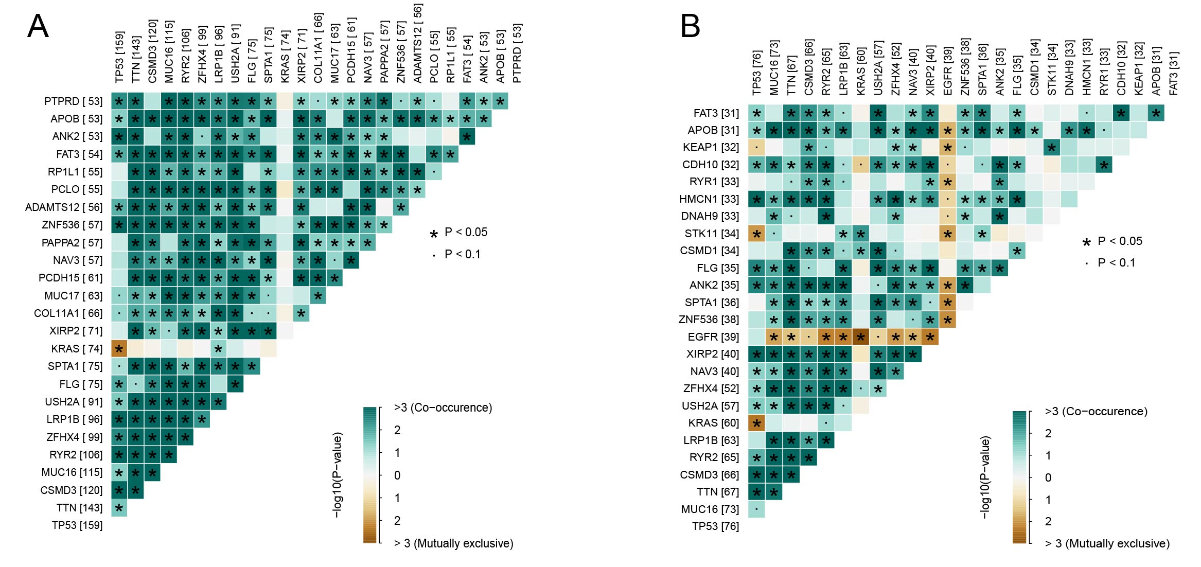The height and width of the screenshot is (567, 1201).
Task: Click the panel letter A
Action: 38,26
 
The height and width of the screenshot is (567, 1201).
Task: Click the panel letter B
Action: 690,26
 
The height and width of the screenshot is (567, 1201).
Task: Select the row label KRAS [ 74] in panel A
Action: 77,349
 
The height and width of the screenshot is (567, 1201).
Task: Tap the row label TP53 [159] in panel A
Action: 77,525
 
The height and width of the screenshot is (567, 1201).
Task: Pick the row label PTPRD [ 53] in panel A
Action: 73,101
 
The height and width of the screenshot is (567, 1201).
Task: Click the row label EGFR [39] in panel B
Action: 713,337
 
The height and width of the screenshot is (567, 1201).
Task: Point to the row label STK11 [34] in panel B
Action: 712,234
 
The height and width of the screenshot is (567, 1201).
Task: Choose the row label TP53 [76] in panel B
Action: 715,526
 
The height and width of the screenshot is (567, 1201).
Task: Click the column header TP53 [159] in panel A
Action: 119,57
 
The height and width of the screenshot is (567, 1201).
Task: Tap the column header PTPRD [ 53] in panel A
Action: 517,53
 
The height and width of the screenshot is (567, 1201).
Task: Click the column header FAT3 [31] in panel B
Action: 1174,73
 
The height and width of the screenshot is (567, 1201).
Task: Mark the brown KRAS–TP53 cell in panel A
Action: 119,349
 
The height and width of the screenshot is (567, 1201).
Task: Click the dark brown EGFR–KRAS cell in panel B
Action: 860,337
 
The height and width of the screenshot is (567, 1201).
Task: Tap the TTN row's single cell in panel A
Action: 119,508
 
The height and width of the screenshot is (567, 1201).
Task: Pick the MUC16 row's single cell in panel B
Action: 756,509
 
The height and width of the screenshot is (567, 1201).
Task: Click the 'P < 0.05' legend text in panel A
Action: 466,233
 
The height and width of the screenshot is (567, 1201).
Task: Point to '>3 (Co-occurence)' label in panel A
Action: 443,408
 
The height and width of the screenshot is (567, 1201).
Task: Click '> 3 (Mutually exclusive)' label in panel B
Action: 1107,544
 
